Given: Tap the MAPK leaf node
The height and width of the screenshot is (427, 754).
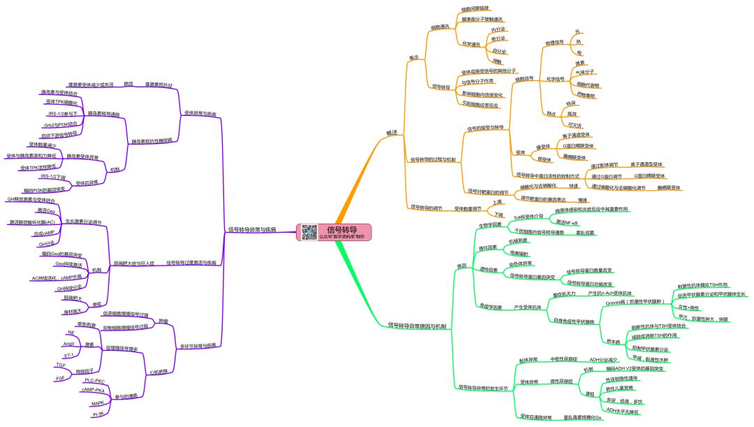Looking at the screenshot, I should point(97,403).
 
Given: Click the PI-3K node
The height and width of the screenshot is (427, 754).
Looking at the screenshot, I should point(98,414).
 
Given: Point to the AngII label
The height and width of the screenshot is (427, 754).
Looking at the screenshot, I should point(68,344).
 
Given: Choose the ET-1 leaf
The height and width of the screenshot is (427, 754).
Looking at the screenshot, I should point(68,355).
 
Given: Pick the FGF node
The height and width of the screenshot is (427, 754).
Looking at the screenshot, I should point(60,378).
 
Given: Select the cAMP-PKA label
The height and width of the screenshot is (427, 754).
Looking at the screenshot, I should point(93,390).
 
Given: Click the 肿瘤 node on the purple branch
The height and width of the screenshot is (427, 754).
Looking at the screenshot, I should point(163,321).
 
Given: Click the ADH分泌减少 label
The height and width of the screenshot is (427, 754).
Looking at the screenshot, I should point(605,359).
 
